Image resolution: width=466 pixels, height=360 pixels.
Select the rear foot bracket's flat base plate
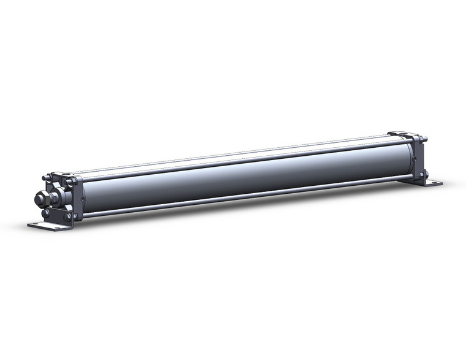click(x=432, y=183)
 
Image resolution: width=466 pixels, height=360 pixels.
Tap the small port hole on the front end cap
click(x=82, y=197)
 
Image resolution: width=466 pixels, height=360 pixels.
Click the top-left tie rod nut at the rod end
click(x=45, y=178)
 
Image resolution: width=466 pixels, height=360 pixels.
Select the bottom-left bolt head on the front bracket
click(x=45, y=213)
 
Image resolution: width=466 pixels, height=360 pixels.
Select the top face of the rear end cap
click(x=402, y=135)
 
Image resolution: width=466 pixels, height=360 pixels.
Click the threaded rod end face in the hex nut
click(x=38, y=200)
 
